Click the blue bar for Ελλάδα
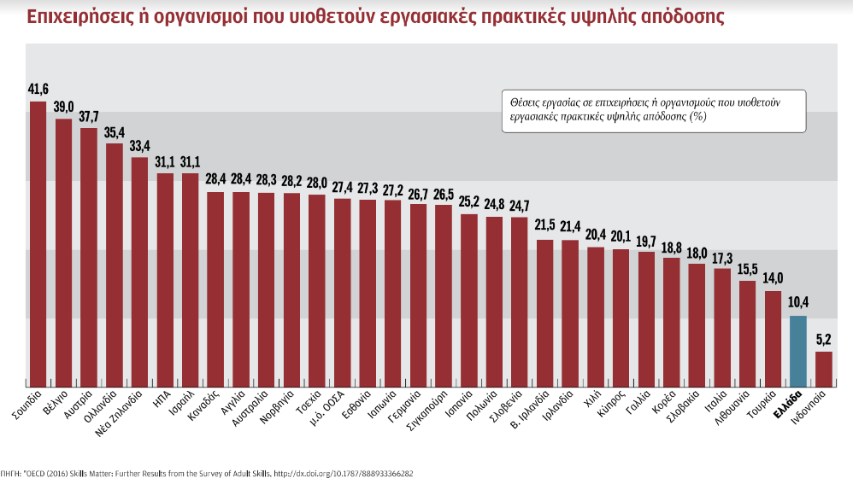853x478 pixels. (x=797, y=351)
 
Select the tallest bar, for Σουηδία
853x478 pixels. (x=38, y=243)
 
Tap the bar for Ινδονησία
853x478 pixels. (x=823, y=368)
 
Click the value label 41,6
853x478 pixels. (x=38, y=89)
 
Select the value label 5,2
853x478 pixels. (x=823, y=339)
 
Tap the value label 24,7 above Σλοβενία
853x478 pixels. (x=519, y=206)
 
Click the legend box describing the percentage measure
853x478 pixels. (x=651, y=110)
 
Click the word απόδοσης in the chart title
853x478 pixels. (x=674, y=16)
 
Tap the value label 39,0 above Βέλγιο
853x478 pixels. (x=63, y=107)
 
